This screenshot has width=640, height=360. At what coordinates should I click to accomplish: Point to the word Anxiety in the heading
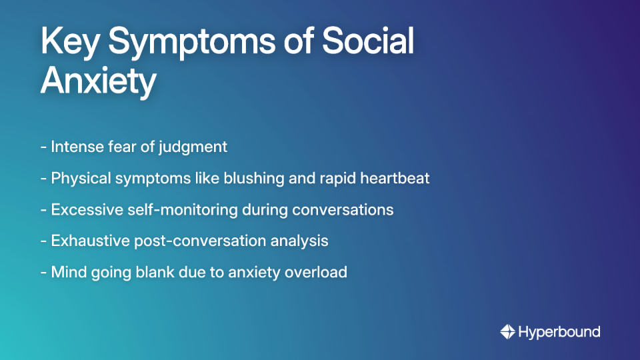98,82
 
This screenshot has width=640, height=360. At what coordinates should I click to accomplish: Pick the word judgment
193,147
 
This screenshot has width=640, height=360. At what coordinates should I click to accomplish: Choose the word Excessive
84,210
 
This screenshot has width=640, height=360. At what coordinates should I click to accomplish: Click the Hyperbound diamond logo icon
507,331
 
